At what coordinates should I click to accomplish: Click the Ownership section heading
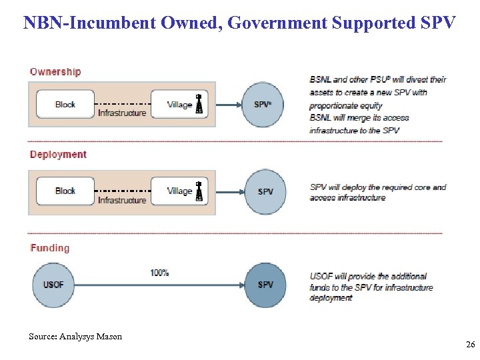(55, 71)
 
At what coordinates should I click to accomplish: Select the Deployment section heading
(58, 154)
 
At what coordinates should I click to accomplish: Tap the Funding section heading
(49, 247)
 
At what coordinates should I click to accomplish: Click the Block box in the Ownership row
(65, 104)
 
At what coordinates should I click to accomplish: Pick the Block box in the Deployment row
(65, 191)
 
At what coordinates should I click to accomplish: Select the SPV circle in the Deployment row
(265, 191)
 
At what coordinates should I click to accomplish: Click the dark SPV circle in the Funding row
(265, 285)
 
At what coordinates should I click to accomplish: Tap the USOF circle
(53, 285)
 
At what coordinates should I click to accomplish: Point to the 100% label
(159, 273)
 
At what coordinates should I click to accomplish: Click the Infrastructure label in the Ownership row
(122, 113)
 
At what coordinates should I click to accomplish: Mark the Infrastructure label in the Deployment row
(122, 200)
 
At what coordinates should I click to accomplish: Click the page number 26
(470, 345)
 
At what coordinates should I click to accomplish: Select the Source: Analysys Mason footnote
(75, 337)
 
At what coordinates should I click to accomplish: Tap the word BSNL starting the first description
(321, 79)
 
